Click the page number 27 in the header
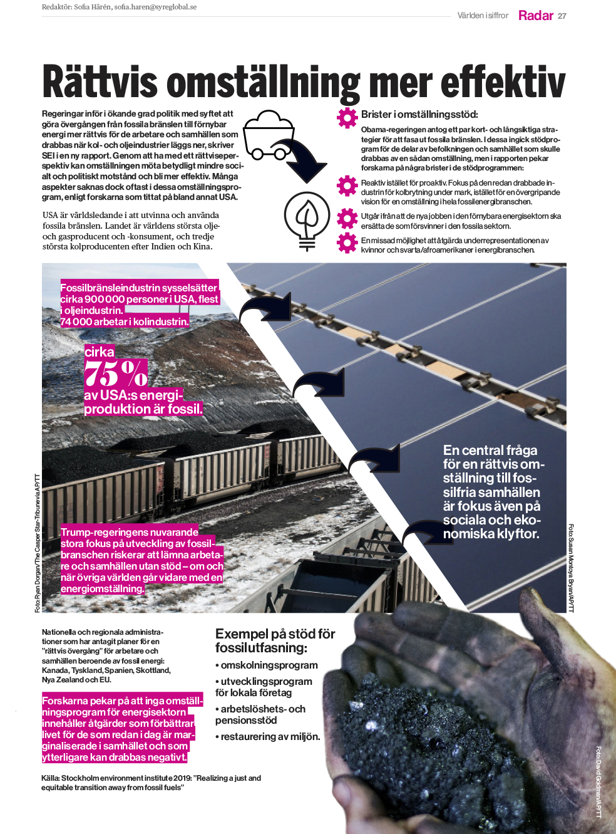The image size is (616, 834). [562, 16]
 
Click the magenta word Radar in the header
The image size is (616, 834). [535, 16]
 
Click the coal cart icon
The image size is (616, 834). [268, 134]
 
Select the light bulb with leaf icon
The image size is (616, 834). [307, 218]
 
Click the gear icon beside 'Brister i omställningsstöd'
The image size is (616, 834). [347, 117]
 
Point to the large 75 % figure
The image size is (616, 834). [116, 373]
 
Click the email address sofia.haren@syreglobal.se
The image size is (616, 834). [155, 7]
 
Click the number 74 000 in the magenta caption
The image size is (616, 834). [76, 322]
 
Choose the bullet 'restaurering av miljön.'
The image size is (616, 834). [270, 737]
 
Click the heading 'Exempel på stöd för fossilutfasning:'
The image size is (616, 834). [275, 640]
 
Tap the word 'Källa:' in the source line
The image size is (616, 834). [51, 778]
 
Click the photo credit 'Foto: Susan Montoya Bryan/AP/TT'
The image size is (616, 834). [571, 568]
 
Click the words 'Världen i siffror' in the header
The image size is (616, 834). [483, 16]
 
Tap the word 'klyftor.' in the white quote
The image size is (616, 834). [518, 534]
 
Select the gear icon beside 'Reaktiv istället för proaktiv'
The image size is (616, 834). [347, 185]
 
